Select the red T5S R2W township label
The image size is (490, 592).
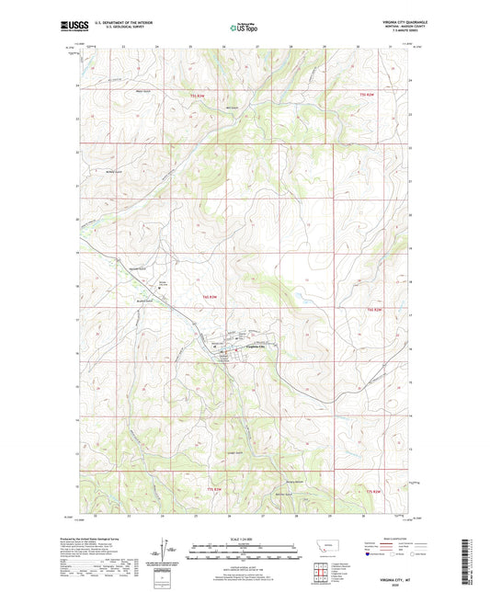368,96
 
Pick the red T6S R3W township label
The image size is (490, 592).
211,297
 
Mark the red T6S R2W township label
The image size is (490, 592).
372,311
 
